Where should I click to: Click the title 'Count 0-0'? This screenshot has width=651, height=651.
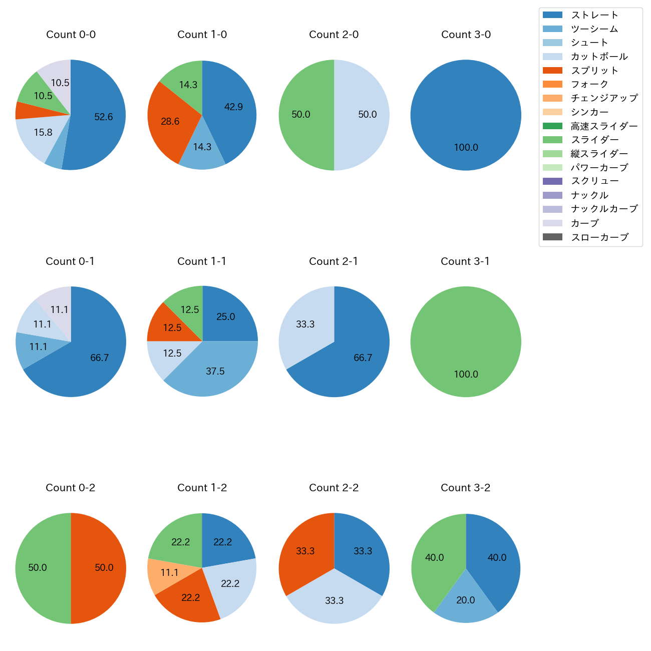click(71, 35)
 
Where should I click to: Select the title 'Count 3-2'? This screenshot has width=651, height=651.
click(465, 488)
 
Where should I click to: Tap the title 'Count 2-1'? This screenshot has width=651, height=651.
click(334, 261)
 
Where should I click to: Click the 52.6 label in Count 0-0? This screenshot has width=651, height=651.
click(104, 117)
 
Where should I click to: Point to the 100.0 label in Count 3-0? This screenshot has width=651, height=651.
click(466, 148)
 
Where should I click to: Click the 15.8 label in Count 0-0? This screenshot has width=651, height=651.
click(43, 133)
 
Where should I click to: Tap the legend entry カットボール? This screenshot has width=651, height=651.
click(599, 57)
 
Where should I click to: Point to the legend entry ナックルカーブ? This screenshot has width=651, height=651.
click(604, 209)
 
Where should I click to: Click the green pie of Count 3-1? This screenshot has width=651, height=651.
click(466, 342)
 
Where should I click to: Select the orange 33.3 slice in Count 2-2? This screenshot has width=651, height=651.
click(305, 551)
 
